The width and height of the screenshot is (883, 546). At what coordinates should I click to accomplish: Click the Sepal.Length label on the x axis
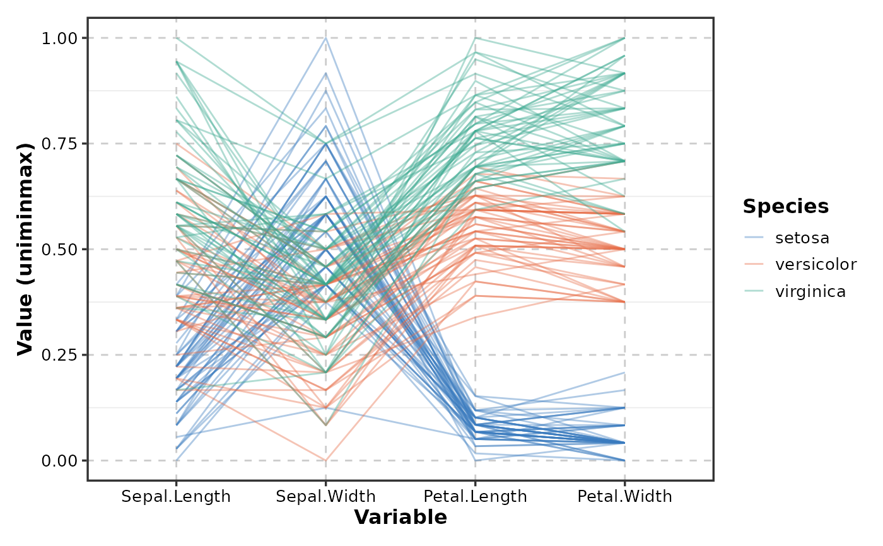click(x=176, y=497)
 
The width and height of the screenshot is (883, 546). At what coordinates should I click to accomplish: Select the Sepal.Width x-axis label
click(x=325, y=497)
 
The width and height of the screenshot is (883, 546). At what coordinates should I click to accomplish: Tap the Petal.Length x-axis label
click(x=476, y=497)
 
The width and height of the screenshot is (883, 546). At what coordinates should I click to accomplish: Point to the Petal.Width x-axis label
click(x=625, y=497)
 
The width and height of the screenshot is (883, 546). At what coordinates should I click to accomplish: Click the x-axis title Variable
click(x=401, y=518)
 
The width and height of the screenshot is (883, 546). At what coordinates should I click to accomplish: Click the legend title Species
click(x=785, y=206)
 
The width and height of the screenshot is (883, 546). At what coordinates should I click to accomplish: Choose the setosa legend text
click(x=802, y=238)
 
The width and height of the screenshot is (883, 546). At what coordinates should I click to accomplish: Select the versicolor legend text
click(x=816, y=265)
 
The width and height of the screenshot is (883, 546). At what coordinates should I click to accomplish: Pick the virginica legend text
click(x=810, y=291)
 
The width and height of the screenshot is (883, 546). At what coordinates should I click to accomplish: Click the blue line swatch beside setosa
click(x=754, y=238)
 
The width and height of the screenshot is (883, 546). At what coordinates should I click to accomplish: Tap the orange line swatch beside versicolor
click(x=754, y=265)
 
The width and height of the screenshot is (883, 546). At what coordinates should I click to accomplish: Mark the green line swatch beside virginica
click(x=754, y=291)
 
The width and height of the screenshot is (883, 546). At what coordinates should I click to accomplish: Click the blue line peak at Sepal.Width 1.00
click(x=325, y=38)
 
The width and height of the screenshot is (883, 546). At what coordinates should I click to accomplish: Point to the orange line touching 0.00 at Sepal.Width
click(x=325, y=460)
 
